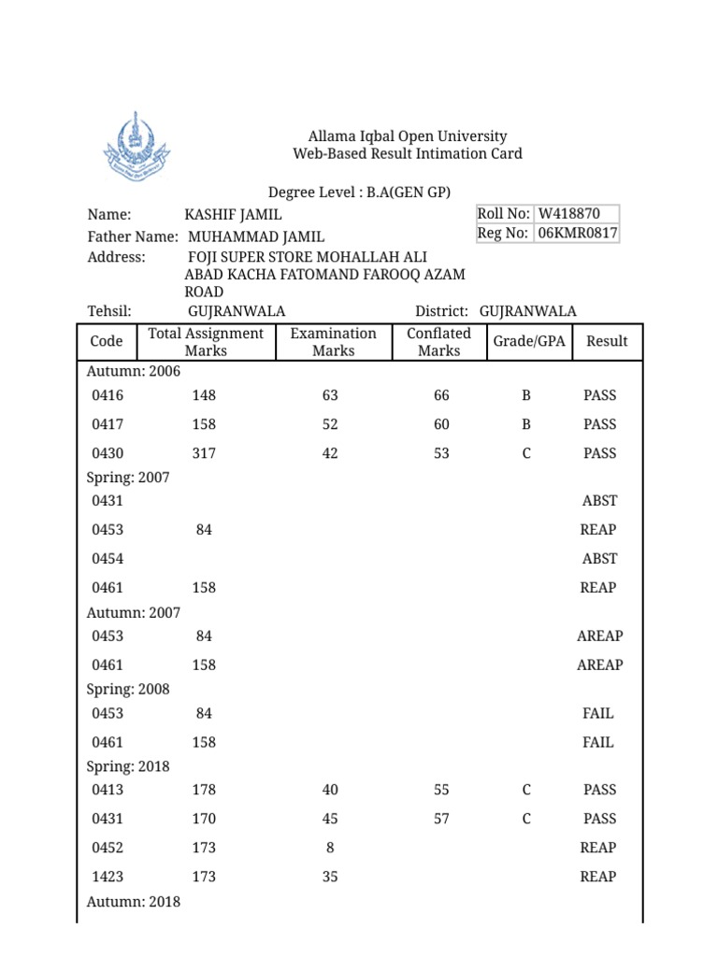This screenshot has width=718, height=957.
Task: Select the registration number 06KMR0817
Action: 576,234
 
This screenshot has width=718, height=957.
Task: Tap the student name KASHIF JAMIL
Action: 234,215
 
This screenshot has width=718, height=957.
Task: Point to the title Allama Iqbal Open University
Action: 408,136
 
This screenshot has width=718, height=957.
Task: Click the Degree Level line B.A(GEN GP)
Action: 359,193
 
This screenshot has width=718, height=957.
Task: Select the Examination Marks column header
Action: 333,342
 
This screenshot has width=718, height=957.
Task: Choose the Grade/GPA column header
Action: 529,341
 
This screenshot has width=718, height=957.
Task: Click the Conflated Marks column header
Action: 438,342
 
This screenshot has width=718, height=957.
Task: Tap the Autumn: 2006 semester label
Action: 134,371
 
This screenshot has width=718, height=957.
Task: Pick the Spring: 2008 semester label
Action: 128,689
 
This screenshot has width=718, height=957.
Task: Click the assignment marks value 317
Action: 204,453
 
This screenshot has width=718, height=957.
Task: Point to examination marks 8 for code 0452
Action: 330,848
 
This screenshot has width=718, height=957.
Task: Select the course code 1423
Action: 108,877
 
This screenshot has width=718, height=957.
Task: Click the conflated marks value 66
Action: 441,395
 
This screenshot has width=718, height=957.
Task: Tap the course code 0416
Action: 108,395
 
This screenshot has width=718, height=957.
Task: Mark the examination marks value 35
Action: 330,877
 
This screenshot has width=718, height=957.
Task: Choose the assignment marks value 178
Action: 204,790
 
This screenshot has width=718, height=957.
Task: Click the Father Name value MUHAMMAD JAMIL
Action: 256,237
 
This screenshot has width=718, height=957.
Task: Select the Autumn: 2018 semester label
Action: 134,902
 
